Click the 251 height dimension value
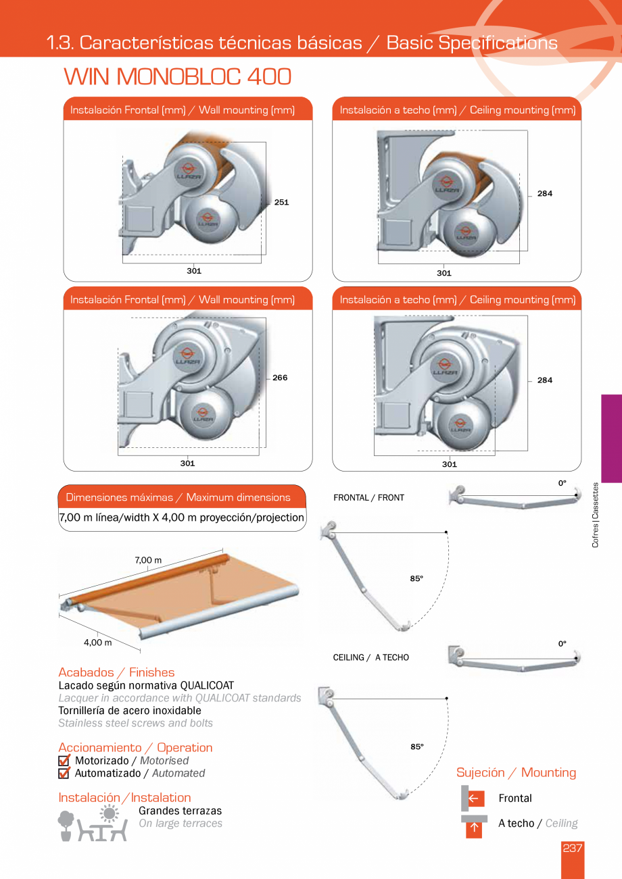281,202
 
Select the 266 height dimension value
280,378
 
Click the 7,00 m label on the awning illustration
148,560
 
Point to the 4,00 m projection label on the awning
98,643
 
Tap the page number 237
572,849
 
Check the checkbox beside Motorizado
64,761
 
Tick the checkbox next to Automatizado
64,774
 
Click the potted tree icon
66,825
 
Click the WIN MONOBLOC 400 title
177,77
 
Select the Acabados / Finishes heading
116,672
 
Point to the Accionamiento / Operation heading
135,747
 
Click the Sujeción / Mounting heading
516,772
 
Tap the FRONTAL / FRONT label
368,498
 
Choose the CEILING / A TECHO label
370,657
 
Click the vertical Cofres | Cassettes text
595,515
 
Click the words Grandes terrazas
180,811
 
